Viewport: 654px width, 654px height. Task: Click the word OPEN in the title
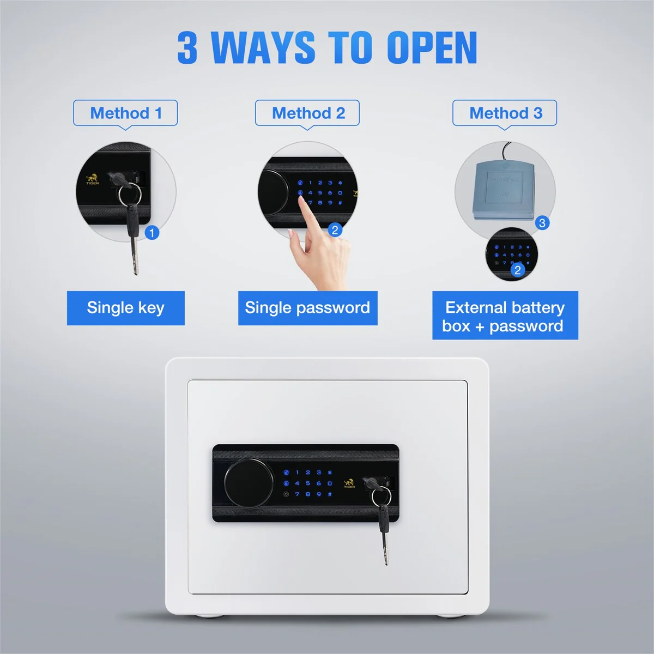tap(432, 48)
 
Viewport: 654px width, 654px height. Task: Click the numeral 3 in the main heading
tap(187, 48)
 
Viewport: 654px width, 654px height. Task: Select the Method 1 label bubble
tap(125, 113)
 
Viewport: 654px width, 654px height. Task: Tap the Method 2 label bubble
tap(307, 113)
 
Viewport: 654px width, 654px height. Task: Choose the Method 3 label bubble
tap(505, 113)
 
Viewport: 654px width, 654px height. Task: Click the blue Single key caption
tap(125, 308)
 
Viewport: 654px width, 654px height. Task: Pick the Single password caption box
tap(307, 308)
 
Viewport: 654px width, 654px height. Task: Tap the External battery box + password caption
tap(505, 316)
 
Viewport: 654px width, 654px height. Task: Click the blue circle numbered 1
tap(152, 233)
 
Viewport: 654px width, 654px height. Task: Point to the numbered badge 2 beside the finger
tap(335, 230)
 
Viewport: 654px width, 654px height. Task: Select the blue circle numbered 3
tap(542, 223)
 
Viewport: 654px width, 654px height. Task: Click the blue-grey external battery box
tap(504, 190)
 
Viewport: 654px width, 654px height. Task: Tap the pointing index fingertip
tap(302, 202)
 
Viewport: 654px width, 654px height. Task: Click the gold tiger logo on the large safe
tap(349, 483)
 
